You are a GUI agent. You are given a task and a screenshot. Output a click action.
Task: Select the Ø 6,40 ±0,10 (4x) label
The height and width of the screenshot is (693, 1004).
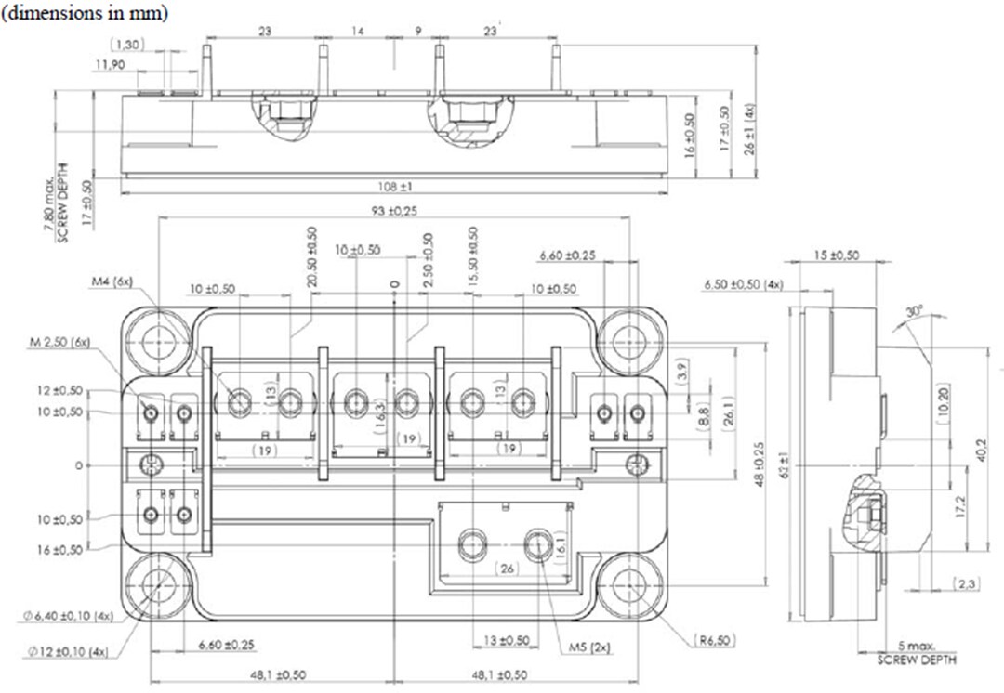pyautogui.click(x=69, y=615)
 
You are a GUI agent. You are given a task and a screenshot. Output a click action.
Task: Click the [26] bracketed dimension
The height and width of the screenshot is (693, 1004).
pyautogui.click(x=506, y=568)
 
